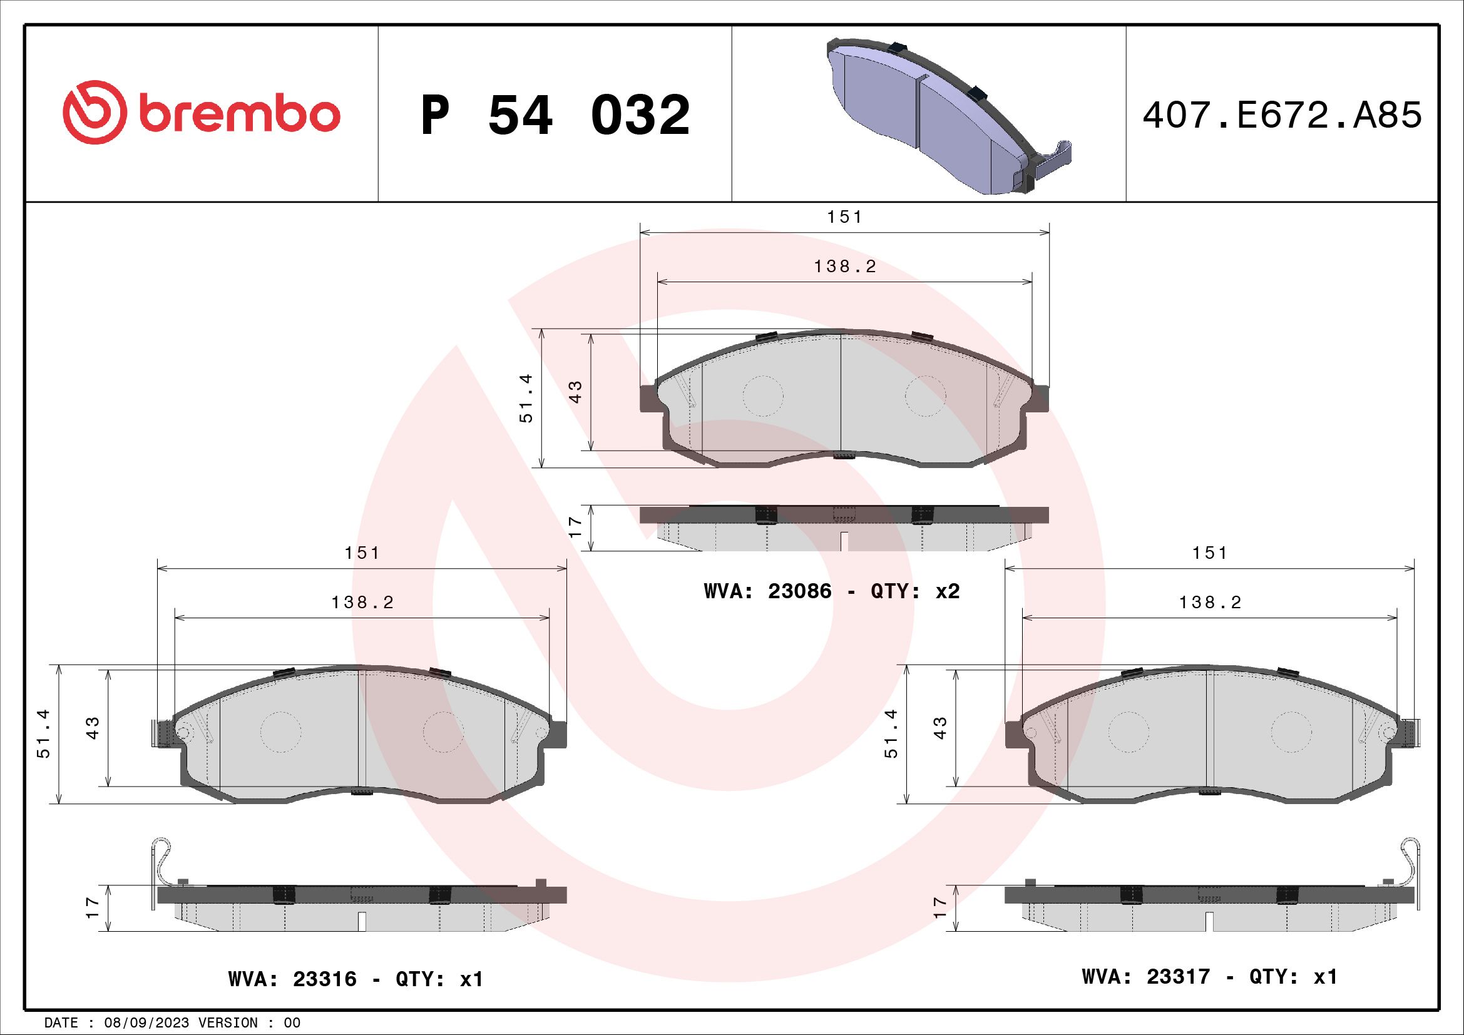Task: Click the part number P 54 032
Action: click(555, 115)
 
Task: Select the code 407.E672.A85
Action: click(1282, 115)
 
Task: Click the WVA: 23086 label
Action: click(768, 591)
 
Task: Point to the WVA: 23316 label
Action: click(292, 979)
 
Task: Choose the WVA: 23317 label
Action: click(1147, 976)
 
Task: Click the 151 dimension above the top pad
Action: click(844, 217)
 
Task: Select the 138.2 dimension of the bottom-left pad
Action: click(362, 602)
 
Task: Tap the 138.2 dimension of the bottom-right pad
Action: click(1210, 602)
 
